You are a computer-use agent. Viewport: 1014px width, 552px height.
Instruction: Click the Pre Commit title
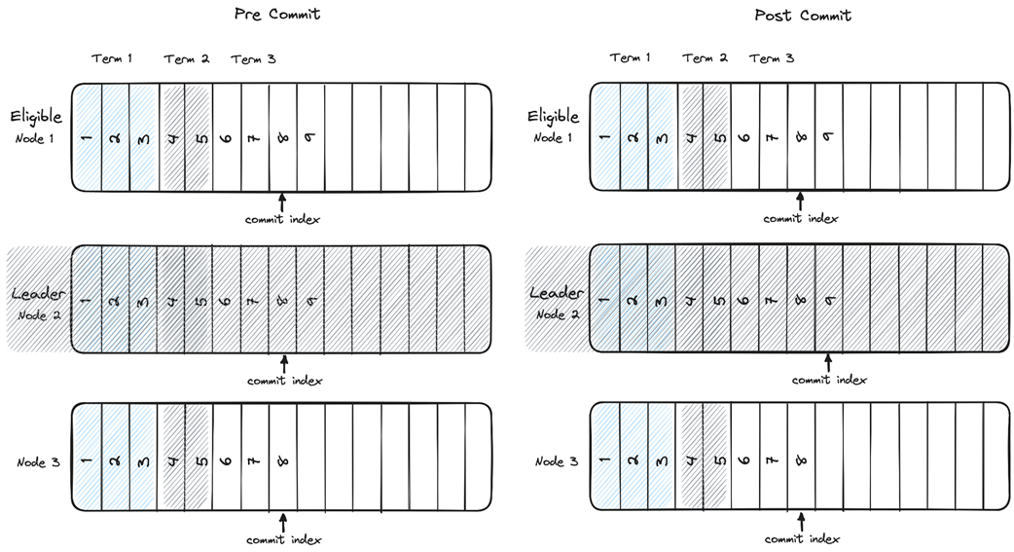pyautogui.click(x=277, y=15)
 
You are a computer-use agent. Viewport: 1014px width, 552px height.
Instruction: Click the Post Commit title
pyautogui.click(x=803, y=15)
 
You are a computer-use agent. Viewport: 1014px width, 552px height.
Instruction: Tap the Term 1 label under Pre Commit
pyautogui.click(x=112, y=58)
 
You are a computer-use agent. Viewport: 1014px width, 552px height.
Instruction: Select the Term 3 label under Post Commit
pyautogui.click(x=772, y=58)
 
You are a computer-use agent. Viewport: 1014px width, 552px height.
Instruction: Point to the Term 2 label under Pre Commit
pyautogui.click(x=187, y=58)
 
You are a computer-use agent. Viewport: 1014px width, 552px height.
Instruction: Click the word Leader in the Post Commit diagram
pyautogui.click(x=556, y=293)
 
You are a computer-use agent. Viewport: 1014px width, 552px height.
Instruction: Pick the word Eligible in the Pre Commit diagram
pyautogui.click(x=36, y=117)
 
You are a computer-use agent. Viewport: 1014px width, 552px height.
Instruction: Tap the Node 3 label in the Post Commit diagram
pyautogui.click(x=556, y=461)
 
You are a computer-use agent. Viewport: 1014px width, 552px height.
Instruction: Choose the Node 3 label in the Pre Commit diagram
pyautogui.click(x=38, y=461)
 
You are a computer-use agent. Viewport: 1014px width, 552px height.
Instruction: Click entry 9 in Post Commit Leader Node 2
pyautogui.click(x=830, y=300)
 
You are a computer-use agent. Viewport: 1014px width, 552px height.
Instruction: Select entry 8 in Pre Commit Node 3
pyautogui.click(x=283, y=460)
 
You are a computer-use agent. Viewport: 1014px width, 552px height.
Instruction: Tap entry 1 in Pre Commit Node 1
pyautogui.click(x=87, y=137)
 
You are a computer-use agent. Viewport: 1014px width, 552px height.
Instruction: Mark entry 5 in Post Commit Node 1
pyautogui.click(x=718, y=137)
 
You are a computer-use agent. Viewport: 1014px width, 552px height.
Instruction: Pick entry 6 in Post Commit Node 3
pyautogui.click(x=745, y=460)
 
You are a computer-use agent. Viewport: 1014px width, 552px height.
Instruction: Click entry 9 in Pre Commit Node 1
pyautogui.click(x=311, y=137)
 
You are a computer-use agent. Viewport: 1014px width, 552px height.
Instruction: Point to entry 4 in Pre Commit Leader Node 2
pyautogui.click(x=171, y=300)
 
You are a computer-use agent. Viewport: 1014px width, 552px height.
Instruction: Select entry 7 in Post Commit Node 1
pyautogui.click(x=774, y=137)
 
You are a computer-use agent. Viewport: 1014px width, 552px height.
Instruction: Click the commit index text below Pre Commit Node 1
pyautogui.click(x=282, y=219)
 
